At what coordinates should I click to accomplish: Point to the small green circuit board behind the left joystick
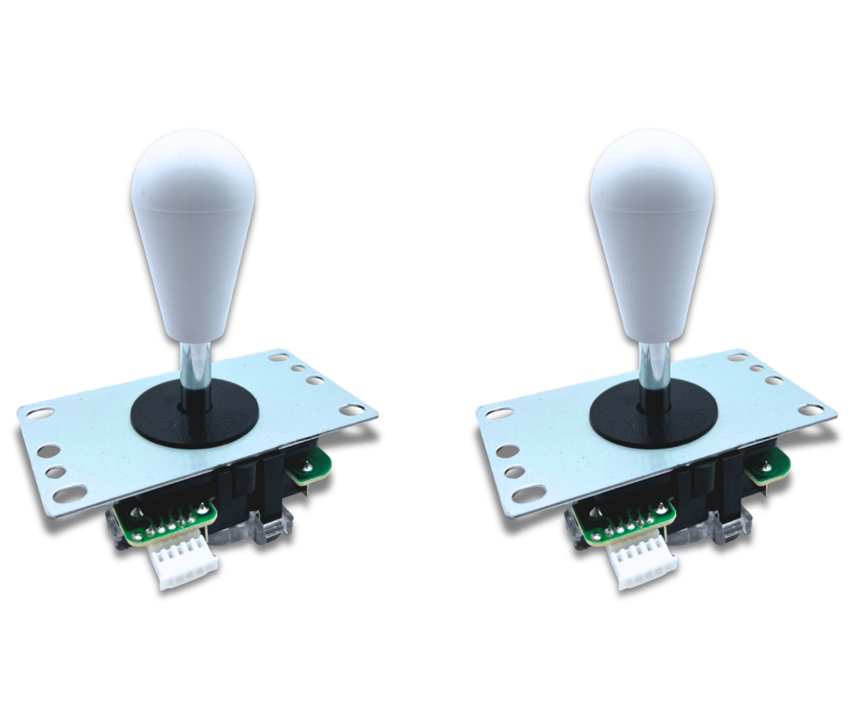(309, 465)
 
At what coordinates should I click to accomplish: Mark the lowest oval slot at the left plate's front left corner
(70, 492)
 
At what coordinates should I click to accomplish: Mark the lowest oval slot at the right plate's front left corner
(528, 492)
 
